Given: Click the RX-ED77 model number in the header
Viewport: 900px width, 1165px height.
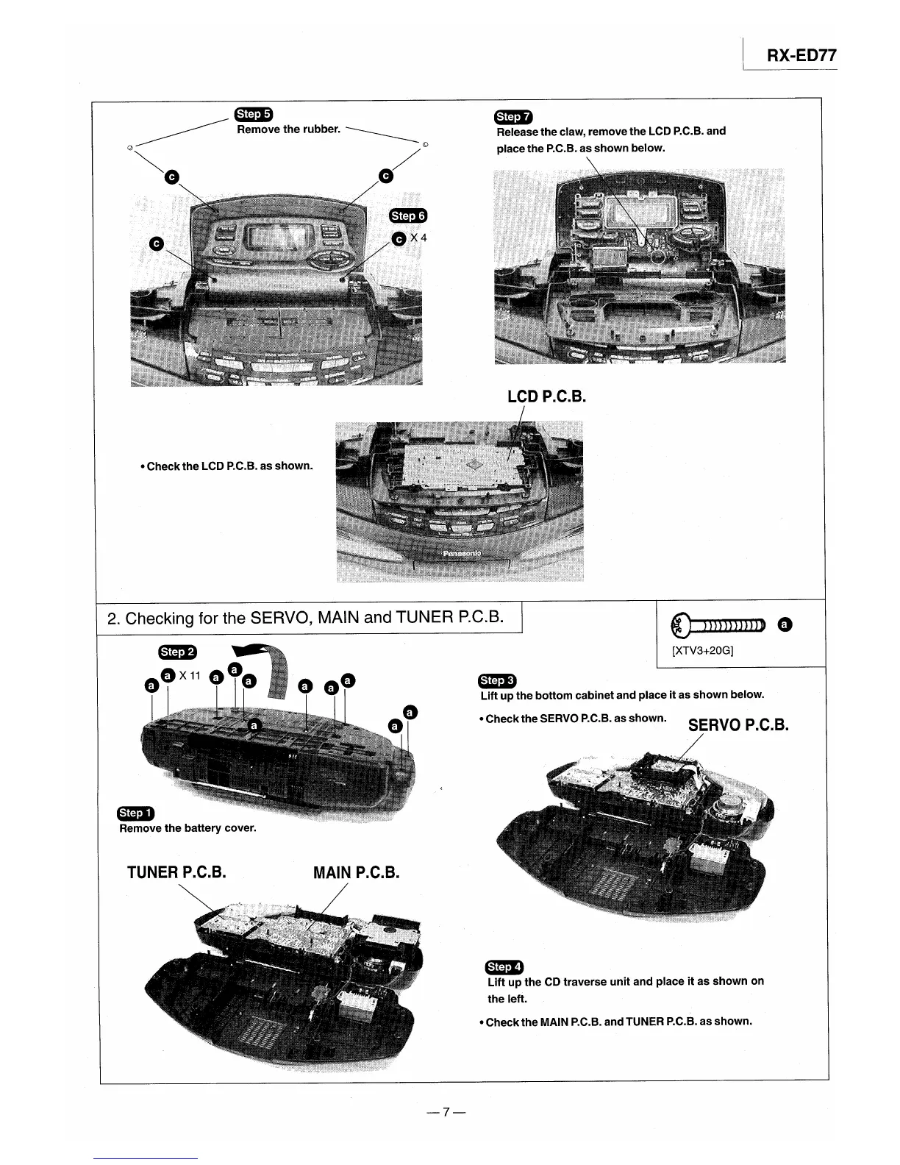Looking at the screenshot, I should coord(801,56).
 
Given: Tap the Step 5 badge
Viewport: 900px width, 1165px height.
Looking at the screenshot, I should coord(253,113).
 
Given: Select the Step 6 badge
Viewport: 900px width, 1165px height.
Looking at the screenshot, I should coord(408,215).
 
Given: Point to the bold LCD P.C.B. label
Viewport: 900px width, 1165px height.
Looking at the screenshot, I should coord(546,397).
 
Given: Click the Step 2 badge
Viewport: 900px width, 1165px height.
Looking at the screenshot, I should coord(177,652).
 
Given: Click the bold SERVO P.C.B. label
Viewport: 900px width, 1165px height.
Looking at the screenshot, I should coord(738,725).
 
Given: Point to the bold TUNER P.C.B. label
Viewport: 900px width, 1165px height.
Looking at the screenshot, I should coord(176,873).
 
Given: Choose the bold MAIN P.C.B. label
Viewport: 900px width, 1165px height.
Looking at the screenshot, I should coord(356,873).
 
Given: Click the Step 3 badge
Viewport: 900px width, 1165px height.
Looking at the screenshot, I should coord(498,680).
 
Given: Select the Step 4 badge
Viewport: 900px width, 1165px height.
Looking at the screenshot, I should coord(504,966).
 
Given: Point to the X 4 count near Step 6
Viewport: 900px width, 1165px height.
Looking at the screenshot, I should coord(418,238).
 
